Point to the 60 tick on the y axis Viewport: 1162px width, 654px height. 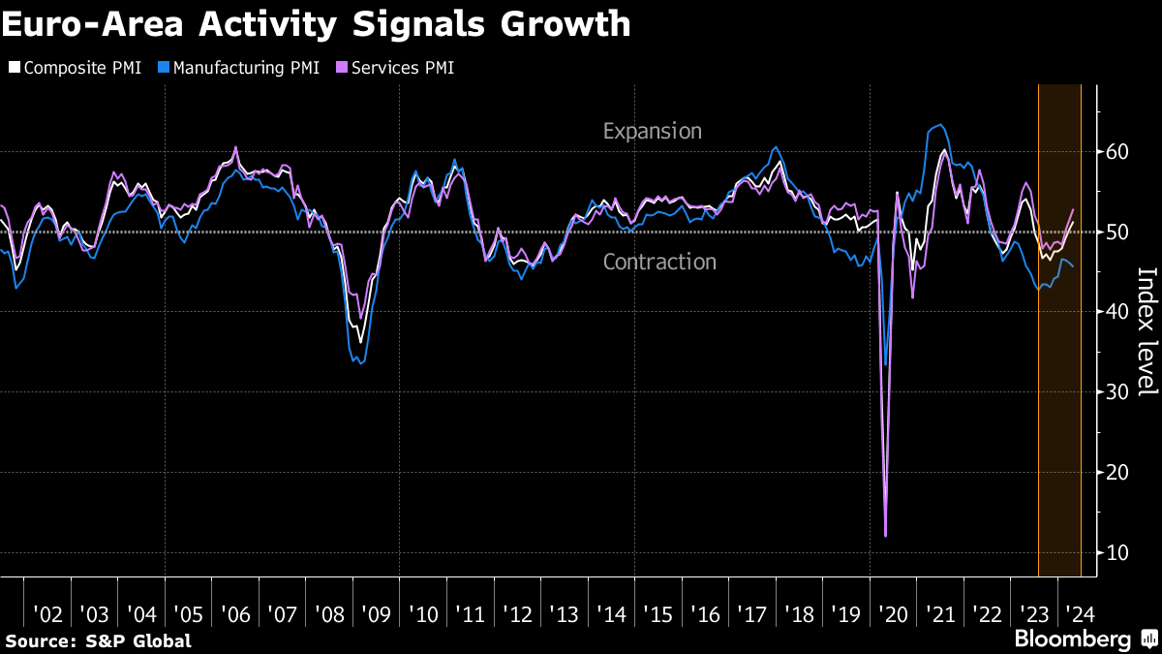1115,152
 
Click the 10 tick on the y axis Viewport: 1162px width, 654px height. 1115,552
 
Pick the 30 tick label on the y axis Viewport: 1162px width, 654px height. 1115,392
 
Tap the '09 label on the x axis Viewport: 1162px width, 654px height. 377,614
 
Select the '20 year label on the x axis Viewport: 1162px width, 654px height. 894,614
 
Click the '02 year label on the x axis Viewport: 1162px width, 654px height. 47,614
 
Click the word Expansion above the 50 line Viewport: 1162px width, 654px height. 652,131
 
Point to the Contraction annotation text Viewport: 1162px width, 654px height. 659,262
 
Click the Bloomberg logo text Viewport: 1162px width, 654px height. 1072,639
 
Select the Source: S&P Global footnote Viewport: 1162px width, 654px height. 98,640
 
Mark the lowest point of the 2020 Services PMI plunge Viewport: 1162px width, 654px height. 886,535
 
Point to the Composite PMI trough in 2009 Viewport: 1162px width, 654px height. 361,342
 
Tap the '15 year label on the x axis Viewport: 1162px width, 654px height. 658,614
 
